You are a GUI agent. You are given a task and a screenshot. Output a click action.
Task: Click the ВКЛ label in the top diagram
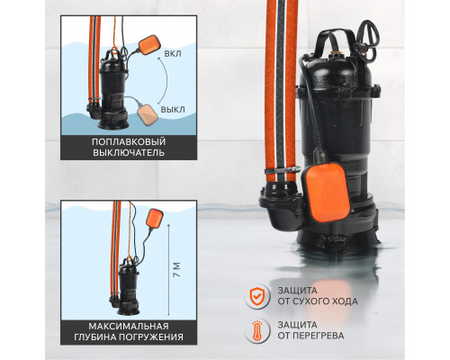[x=173, y=54]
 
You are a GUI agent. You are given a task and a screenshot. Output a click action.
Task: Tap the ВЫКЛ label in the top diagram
[x=173, y=110]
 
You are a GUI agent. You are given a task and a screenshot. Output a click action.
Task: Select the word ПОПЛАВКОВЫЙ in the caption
[x=129, y=142]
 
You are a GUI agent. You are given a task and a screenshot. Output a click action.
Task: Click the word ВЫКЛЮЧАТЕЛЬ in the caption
[x=129, y=152]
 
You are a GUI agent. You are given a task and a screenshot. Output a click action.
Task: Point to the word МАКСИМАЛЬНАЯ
[x=129, y=326]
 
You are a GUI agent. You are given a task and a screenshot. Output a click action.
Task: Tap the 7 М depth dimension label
[x=177, y=270]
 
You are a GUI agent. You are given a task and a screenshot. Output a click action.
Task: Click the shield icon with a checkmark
[x=256, y=296]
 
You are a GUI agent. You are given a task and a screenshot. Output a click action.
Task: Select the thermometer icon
[x=256, y=330]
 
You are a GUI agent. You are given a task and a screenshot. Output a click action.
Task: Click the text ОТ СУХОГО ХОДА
[x=318, y=301]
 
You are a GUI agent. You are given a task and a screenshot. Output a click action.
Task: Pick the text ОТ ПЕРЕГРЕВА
[x=310, y=336]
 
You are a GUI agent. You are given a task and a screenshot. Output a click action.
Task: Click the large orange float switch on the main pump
[x=326, y=193]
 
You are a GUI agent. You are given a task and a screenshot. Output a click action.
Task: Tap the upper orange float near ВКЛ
[x=149, y=45]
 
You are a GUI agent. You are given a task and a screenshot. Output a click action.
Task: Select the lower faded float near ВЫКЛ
[x=148, y=114]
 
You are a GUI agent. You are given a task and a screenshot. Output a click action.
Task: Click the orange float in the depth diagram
[x=155, y=219]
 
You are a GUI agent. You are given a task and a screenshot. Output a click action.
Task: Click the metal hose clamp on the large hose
[x=282, y=170]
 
